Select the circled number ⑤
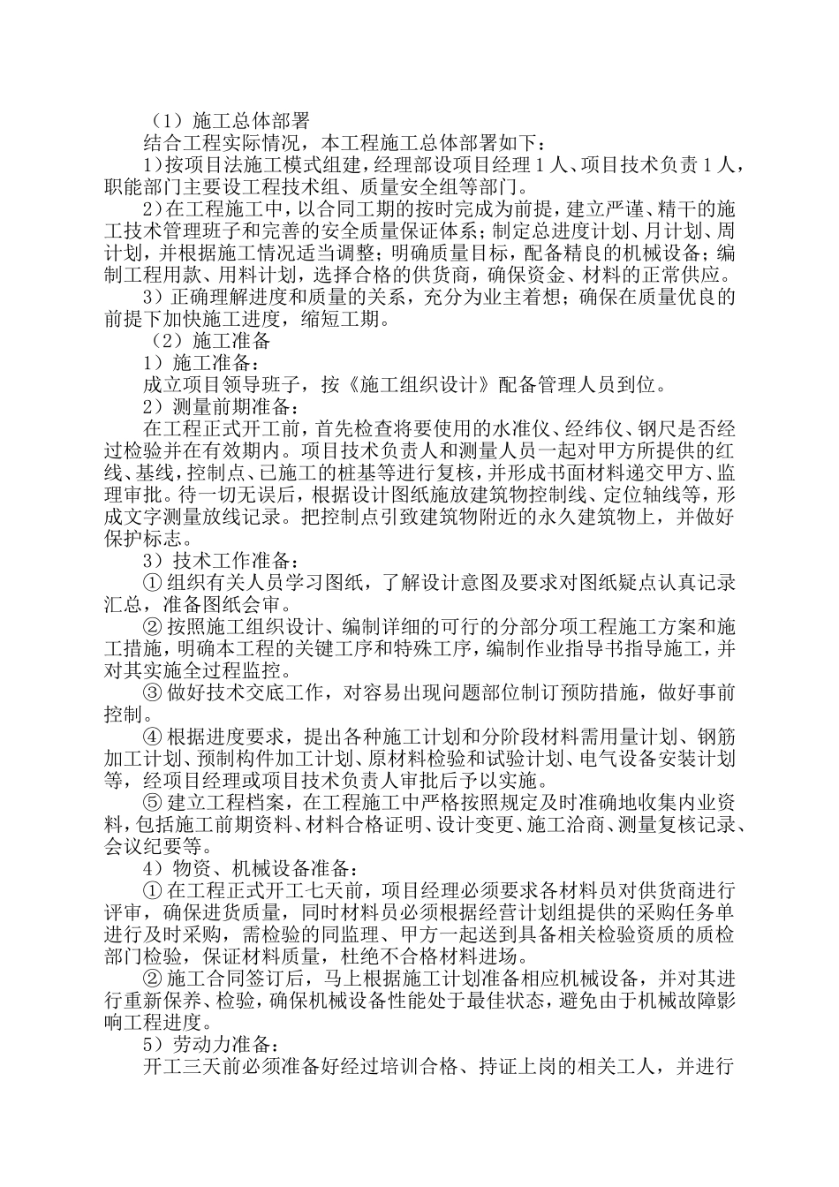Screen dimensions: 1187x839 point(152,802)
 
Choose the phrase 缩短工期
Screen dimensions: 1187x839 point(353,319)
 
